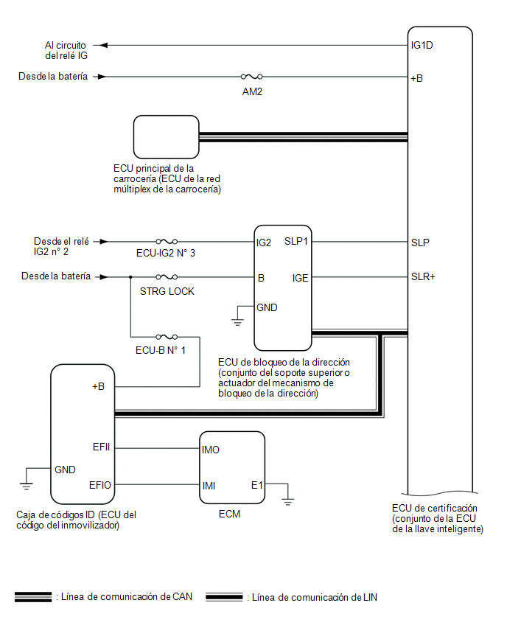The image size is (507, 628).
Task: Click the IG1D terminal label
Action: pos(422,45)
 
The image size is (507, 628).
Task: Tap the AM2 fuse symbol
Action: pos(251,77)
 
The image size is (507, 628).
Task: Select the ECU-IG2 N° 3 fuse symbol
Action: pos(167,242)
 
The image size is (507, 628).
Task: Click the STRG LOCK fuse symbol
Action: pos(167,276)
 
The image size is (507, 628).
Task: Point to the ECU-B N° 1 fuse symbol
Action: pos(167,337)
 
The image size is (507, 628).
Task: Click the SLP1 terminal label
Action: pos(296,241)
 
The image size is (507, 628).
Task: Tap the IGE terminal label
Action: pos(300,278)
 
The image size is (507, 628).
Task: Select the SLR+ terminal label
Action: pos(423,276)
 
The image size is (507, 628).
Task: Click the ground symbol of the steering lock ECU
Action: pos(237,321)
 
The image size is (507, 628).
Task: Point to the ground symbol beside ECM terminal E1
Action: pos(287,501)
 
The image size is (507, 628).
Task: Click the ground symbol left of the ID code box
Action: pos(26,486)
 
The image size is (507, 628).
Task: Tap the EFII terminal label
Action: pos(101,447)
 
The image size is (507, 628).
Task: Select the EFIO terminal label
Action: pos(100,485)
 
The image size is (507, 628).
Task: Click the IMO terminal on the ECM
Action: pos(211,450)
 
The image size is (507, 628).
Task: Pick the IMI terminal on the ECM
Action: pos(209,486)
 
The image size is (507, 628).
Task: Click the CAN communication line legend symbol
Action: pos(33,597)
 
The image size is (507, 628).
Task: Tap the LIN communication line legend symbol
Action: pos(224,597)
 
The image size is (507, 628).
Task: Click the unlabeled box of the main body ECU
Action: pos(167,137)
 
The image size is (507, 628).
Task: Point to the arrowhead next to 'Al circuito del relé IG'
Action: pos(103,45)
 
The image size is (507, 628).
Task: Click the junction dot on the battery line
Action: pos(130,276)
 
